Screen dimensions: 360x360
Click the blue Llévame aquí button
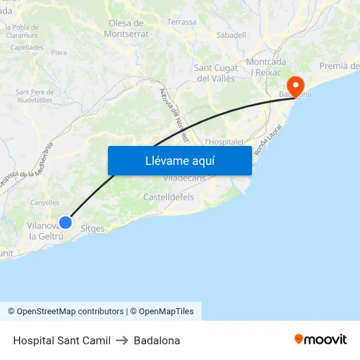179,160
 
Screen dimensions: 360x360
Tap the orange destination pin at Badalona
295,86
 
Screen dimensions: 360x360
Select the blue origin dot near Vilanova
65,223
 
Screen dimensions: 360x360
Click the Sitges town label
92,229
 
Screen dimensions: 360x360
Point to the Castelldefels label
168,196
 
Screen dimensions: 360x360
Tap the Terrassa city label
181,22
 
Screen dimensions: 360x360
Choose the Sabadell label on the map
230,35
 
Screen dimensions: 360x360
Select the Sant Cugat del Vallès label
215,73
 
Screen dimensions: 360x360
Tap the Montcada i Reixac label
266,66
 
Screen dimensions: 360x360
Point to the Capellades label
27,47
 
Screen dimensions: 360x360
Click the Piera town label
59,52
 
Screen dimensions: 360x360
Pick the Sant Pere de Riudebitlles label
34,96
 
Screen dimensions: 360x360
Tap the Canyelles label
45,203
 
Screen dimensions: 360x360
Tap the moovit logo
321,340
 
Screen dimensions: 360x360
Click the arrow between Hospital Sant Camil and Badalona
122,340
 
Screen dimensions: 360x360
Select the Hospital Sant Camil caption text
62,340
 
